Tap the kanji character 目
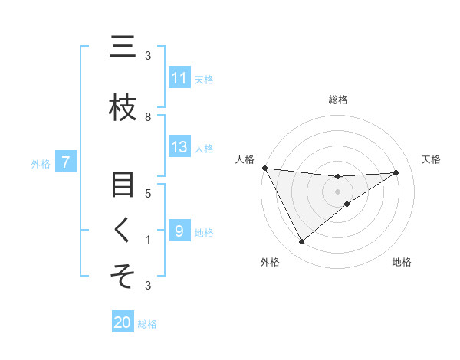point(123,185)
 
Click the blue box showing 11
point(179,78)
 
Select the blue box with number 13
point(179,147)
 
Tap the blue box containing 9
point(179,231)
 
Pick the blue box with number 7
point(66,162)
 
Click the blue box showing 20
point(123,322)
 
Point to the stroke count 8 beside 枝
point(148,116)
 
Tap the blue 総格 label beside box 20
point(147,324)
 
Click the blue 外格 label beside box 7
point(41,163)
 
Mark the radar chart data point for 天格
point(396,172)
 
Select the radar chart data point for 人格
point(264,168)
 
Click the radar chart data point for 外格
point(301,242)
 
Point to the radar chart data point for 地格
point(347,204)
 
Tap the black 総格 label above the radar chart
point(338,100)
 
